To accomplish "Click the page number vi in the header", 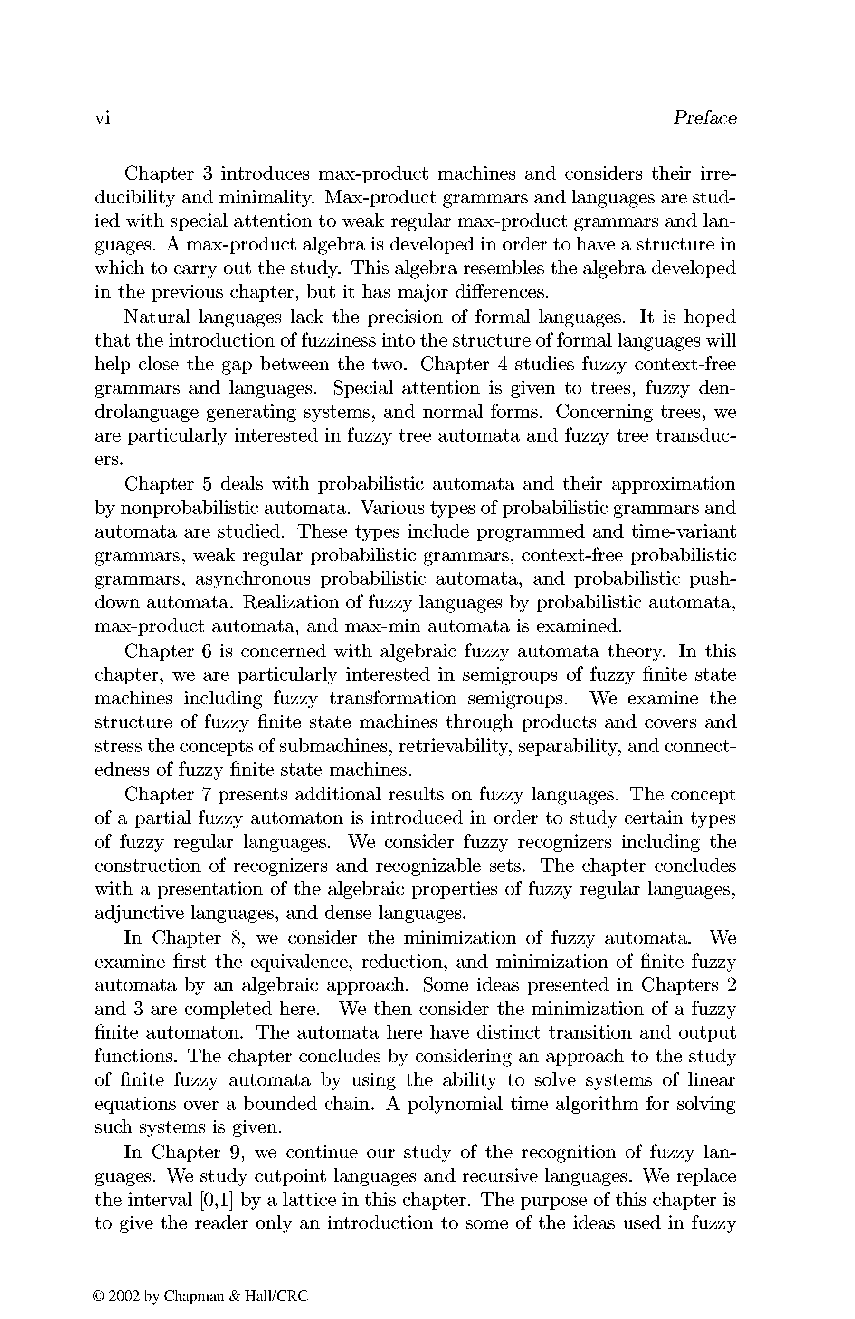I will click(x=103, y=119).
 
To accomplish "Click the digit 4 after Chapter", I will click(x=502, y=365).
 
